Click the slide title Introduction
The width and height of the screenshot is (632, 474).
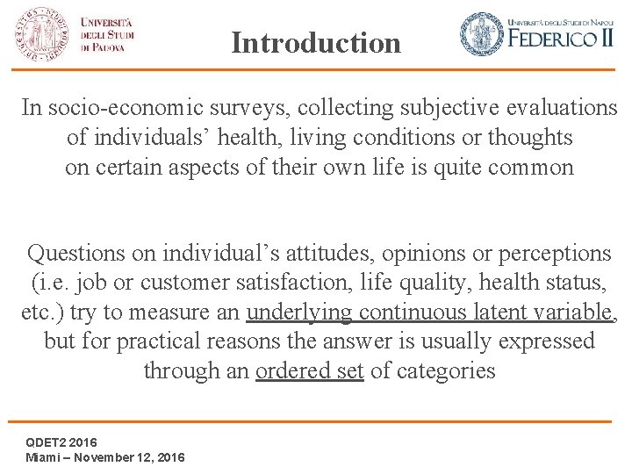pos(316,42)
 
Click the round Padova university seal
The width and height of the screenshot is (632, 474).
pos(41,33)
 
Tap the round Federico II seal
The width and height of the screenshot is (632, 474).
pos(481,34)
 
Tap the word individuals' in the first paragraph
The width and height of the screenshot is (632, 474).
pos(160,138)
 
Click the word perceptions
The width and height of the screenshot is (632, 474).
pos(555,254)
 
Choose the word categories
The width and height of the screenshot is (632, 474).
pos(446,370)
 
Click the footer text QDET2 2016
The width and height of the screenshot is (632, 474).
pos(61,442)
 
